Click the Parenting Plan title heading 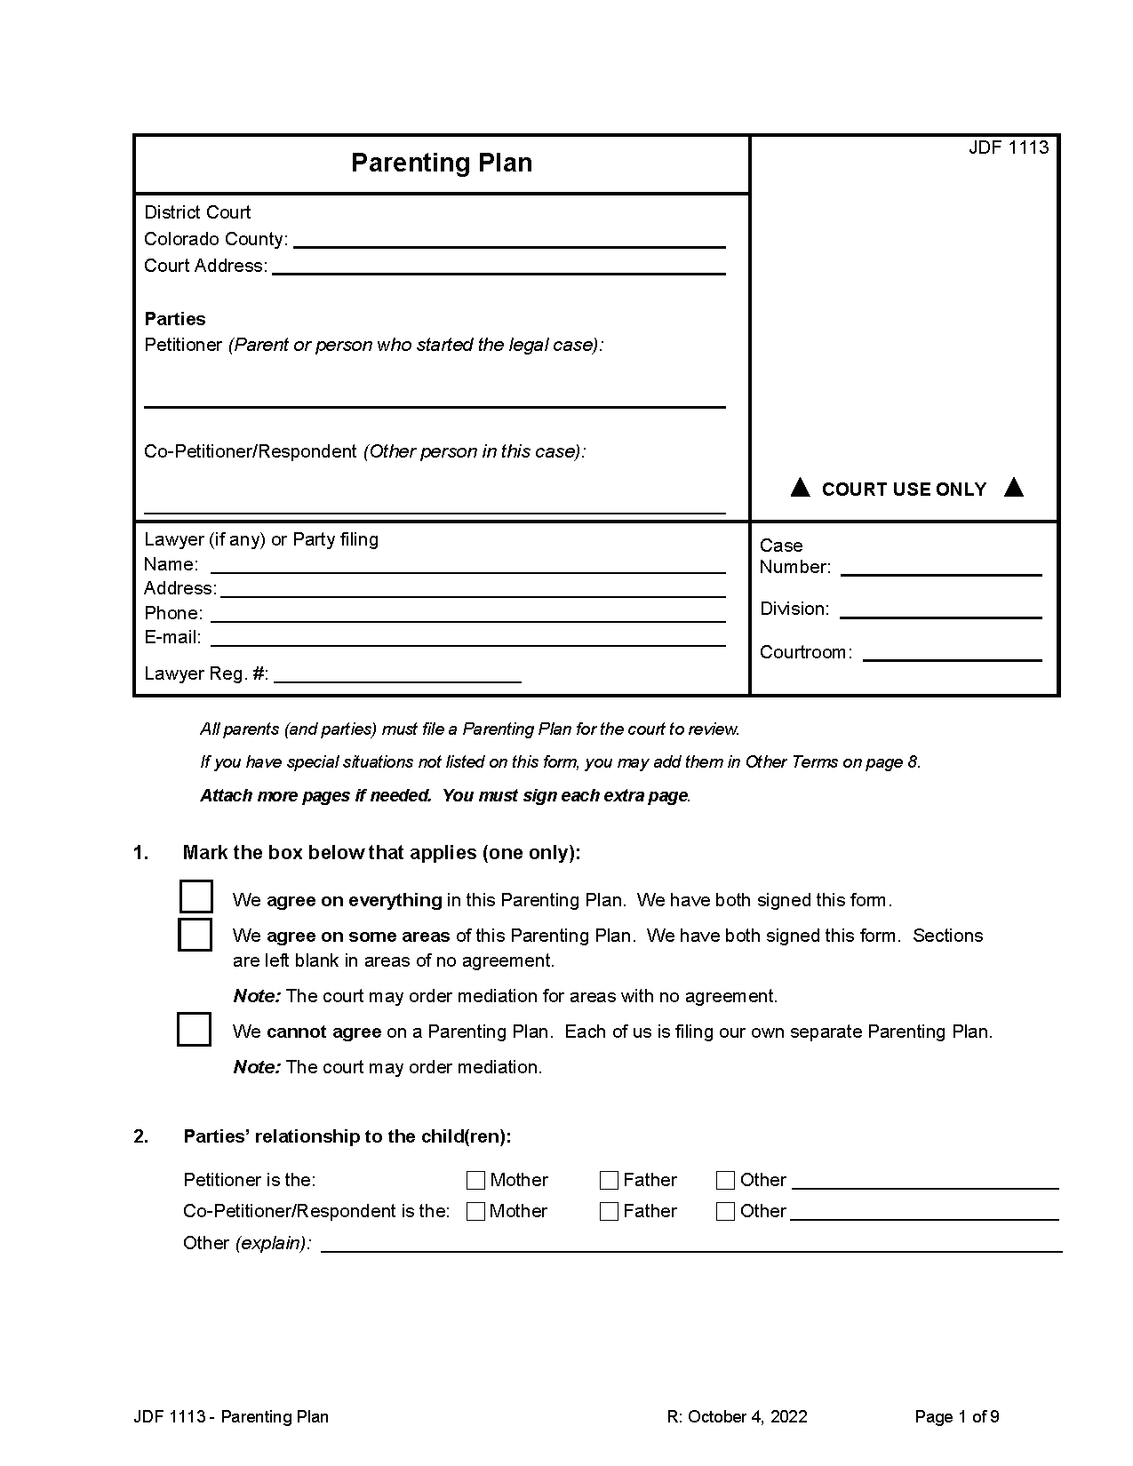(x=442, y=163)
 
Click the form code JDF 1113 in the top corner (x=1008, y=147)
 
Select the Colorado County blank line (x=509, y=240)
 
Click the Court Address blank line (x=499, y=267)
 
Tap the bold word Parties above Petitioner (x=175, y=319)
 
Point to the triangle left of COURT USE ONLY (x=800, y=487)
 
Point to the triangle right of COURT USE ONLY (x=1013, y=487)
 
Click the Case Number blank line (x=940, y=568)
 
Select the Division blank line (x=940, y=610)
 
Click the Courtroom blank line (x=952, y=653)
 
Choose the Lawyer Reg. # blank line (x=397, y=674)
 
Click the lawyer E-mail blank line (x=467, y=638)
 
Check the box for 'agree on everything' (x=195, y=896)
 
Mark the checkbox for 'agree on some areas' (x=195, y=935)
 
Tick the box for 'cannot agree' (x=195, y=1029)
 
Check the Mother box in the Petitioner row (x=475, y=1180)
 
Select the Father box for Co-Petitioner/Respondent (x=609, y=1211)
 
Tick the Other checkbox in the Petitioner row (x=725, y=1180)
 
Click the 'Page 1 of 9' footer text (x=956, y=1417)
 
